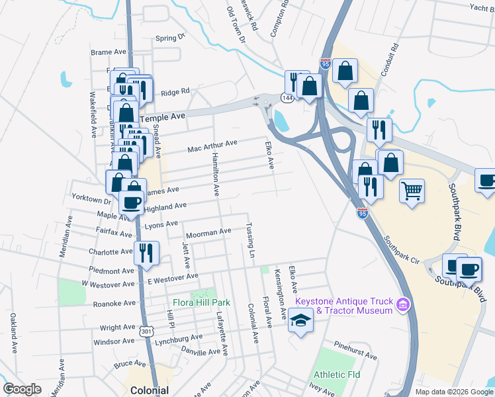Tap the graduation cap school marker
point(300,321)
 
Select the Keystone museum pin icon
point(402,306)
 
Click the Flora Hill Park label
point(201,302)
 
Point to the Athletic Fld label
point(337,375)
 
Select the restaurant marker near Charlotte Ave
point(146,253)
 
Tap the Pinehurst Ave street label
point(355,351)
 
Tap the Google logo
point(23,388)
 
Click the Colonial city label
point(149,390)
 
